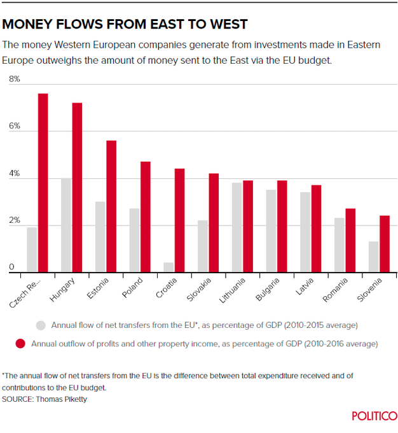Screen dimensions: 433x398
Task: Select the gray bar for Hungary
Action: point(65,225)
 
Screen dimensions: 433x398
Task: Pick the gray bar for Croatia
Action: point(168,268)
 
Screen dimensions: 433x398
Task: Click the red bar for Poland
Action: point(146,217)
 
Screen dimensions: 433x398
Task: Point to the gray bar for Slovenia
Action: point(373,257)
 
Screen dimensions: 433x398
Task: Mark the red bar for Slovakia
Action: point(214,223)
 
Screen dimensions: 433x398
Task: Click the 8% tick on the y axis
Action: point(14,80)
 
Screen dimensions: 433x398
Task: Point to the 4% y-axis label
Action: point(14,174)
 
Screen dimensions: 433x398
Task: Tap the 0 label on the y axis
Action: point(11,268)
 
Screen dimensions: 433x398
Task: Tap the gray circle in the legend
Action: point(41,325)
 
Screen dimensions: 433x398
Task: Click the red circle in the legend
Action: point(20,344)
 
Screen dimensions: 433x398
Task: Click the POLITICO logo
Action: point(375,416)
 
